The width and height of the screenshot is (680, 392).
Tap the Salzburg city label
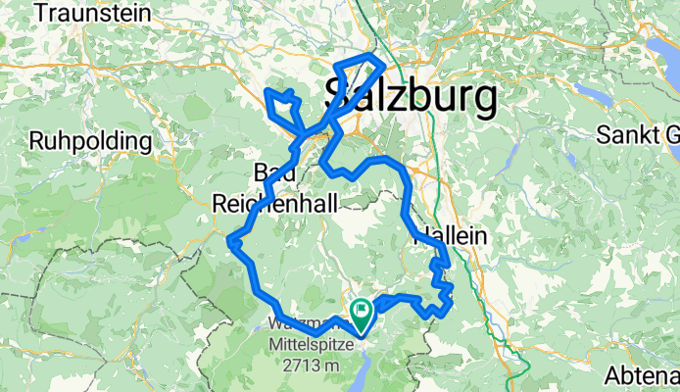[410, 97]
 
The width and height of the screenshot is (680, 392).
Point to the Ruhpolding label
[90, 141]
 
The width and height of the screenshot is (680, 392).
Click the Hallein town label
[451, 236]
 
